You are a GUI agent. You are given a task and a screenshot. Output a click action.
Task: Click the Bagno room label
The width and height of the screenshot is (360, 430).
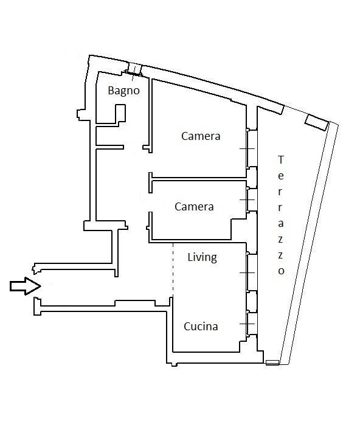(123, 91)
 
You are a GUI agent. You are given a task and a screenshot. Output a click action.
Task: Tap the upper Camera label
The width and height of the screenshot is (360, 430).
(201, 136)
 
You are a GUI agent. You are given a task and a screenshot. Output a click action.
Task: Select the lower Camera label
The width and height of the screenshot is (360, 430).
(194, 207)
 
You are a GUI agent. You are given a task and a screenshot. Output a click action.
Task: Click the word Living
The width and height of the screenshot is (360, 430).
(202, 257)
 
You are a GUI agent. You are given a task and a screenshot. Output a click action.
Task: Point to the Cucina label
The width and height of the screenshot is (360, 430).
(201, 327)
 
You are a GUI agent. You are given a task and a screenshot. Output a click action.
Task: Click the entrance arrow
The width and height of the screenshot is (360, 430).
(25, 286)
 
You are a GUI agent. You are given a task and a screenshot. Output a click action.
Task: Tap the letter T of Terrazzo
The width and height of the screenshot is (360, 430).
(280, 159)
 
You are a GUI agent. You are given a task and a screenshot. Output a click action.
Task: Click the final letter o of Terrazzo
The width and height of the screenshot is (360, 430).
(281, 271)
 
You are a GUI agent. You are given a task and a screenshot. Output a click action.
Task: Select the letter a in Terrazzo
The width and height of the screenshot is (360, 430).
(280, 223)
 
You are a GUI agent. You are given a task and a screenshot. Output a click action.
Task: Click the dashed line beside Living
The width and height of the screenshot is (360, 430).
(173, 269)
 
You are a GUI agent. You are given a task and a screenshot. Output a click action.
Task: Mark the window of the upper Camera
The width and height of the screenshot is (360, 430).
(251, 148)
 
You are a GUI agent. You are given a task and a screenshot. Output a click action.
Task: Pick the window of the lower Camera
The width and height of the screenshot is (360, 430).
(251, 199)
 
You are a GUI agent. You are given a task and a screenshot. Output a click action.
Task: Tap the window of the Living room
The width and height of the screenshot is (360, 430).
(251, 272)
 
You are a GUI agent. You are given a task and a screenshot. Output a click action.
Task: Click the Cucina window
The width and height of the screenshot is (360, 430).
(251, 324)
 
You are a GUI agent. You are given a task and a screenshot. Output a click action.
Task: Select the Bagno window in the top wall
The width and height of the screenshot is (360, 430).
(135, 69)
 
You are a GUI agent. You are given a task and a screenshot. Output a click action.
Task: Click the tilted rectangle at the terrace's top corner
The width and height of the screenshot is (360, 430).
(317, 122)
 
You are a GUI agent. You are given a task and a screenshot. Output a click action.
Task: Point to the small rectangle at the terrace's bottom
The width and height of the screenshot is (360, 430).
(272, 362)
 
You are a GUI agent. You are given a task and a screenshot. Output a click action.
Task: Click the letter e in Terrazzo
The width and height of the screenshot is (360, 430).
(280, 176)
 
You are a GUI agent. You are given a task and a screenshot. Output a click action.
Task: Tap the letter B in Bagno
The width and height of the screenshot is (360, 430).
(111, 90)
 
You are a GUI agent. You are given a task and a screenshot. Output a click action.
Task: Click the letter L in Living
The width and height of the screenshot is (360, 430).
(190, 257)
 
